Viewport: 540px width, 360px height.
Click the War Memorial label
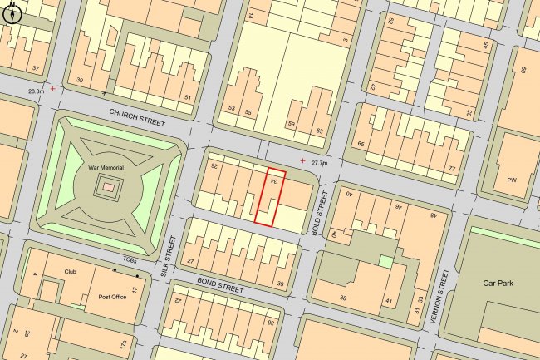pyautogui.click(x=106, y=168)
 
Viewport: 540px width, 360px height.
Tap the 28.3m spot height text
pyautogui.click(x=35, y=91)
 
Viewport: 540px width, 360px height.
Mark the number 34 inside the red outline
pyautogui.click(x=272, y=181)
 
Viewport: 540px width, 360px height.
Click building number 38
pyautogui.click(x=341, y=298)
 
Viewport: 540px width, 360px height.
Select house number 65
pyautogui.click(x=361, y=145)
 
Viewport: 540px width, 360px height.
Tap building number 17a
pyautogui.click(x=123, y=343)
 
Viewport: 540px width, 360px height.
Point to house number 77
pyautogui.click(x=452, y=169)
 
